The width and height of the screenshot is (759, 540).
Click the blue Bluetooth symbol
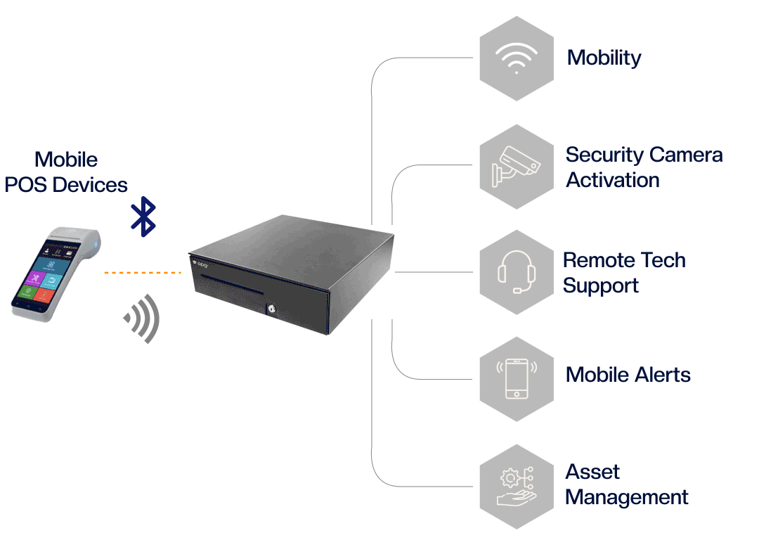[x=143, y=217]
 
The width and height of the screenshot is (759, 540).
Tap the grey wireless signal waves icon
[x=143, y=318]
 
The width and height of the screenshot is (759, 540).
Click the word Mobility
[x=604, y=58]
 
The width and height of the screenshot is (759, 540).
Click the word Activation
[x=613, y=180]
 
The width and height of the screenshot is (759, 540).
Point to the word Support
[x=601, y=286]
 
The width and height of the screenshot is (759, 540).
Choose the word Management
[x=627, y=497]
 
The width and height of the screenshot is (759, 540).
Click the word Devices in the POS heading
[x=91, y=185]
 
